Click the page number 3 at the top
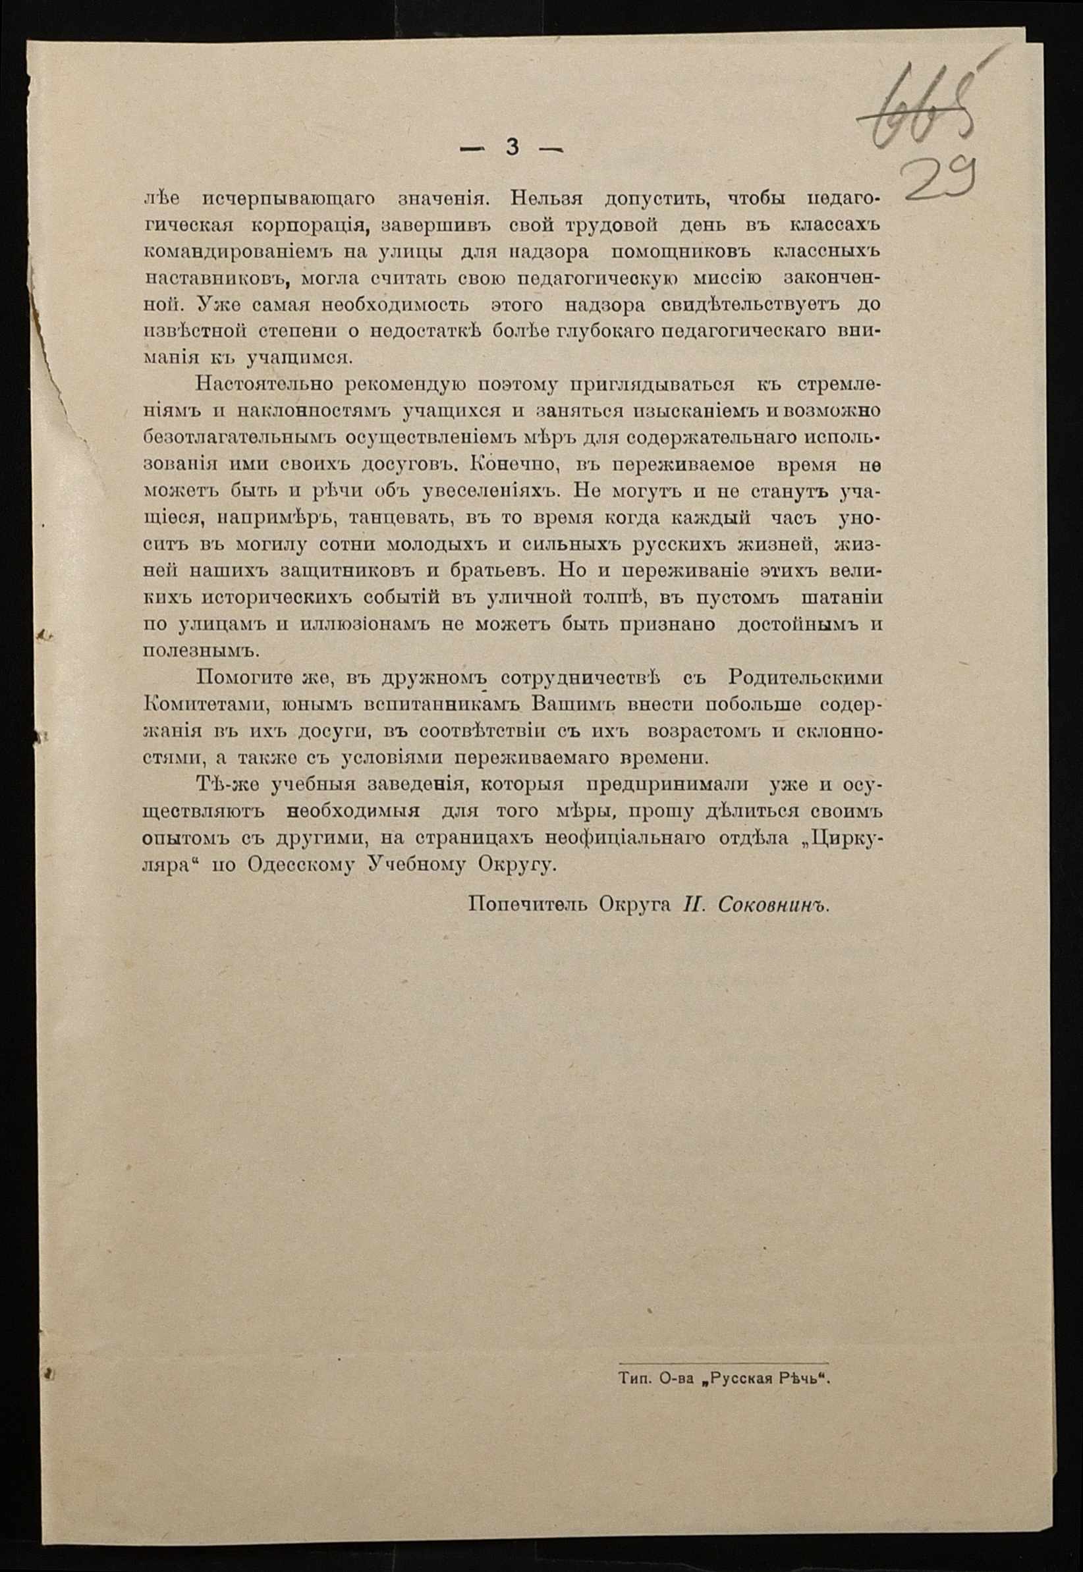[x=513, y=147]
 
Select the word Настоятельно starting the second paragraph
[x=262, y=385]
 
